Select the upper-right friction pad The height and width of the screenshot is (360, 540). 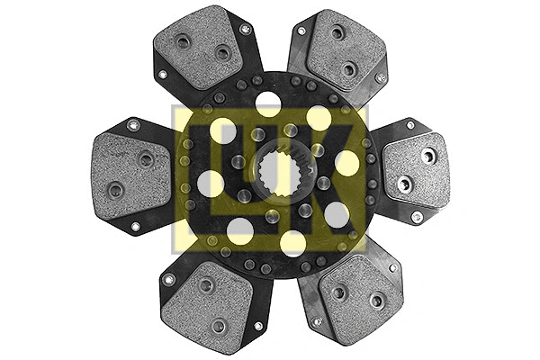pyautogui.click(x=346, y=50)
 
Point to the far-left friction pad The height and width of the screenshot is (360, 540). pyautogui.click(x=132, y=175)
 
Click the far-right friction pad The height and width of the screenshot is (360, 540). pyautogui.click(x=416, y=170)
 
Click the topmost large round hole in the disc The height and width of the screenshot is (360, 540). pyautogui.click(x=268, y=103)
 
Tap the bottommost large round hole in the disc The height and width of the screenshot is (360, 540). pyautogui.click(x=293, y=244)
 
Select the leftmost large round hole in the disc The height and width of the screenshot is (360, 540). pyautogui.click(x=210, y=184)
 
